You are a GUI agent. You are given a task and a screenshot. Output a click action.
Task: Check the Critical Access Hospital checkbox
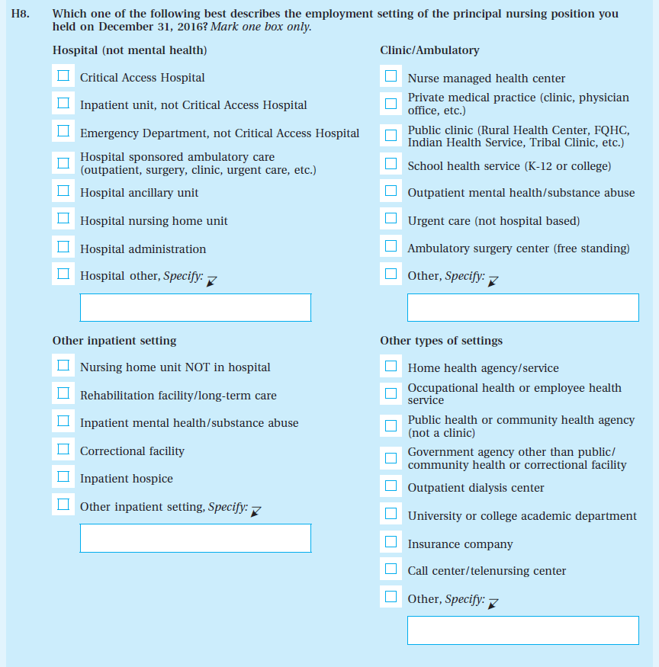pos(64,76)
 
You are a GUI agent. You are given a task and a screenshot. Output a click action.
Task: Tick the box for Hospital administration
pos(64,248)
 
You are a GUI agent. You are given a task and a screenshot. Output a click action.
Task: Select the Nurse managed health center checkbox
pos(391,76)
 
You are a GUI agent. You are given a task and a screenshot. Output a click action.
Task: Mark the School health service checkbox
pos(391,164)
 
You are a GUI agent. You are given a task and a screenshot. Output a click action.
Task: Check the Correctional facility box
pos(64,450)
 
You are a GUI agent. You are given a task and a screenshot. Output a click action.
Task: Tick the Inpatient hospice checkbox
pos(64,477)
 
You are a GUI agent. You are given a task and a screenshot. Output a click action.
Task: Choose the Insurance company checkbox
pos(391,543)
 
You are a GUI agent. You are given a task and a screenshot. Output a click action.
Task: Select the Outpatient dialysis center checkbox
pos(391,486)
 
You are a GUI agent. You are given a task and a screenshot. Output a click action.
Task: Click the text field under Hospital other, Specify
pos(195,307)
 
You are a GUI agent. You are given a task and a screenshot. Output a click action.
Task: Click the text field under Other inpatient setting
pos(195,537)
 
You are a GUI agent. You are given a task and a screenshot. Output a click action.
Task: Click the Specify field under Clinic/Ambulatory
pos(522,307)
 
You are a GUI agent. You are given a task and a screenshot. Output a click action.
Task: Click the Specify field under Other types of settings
pos(522,630)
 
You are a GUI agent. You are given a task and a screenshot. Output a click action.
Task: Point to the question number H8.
pos(21,14)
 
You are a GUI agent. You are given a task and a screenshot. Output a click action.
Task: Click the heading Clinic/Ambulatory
pos(429,50)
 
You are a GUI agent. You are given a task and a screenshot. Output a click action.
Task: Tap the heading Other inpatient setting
pos(114,341)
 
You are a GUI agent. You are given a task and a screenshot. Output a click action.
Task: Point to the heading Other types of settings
pos(441,341)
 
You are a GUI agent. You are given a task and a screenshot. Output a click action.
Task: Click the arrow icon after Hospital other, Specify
pos(211,281)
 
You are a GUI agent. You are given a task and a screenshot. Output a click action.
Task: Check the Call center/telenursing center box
pos(391,569)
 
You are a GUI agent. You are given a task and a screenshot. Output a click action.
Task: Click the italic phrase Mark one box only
pos(261,27)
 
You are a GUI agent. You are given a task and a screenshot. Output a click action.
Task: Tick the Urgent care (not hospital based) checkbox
pos(391,220)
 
